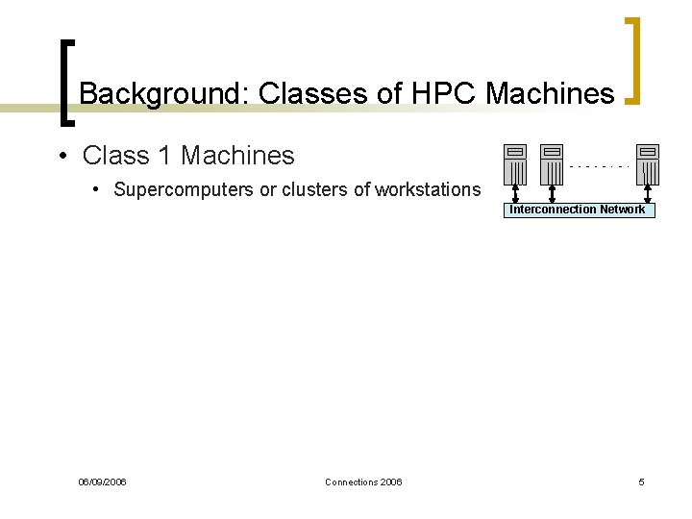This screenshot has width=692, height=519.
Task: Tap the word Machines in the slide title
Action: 550,93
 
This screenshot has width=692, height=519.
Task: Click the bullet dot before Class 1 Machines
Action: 61,155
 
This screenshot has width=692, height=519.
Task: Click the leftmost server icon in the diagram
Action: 516,163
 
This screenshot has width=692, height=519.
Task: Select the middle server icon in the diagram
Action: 551,163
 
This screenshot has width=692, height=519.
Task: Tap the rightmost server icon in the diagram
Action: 649,163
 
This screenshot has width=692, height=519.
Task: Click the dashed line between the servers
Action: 600,165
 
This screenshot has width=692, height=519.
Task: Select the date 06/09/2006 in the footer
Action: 102,482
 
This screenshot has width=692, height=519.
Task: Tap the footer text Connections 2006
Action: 363,482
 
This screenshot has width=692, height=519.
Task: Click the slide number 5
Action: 641,482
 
